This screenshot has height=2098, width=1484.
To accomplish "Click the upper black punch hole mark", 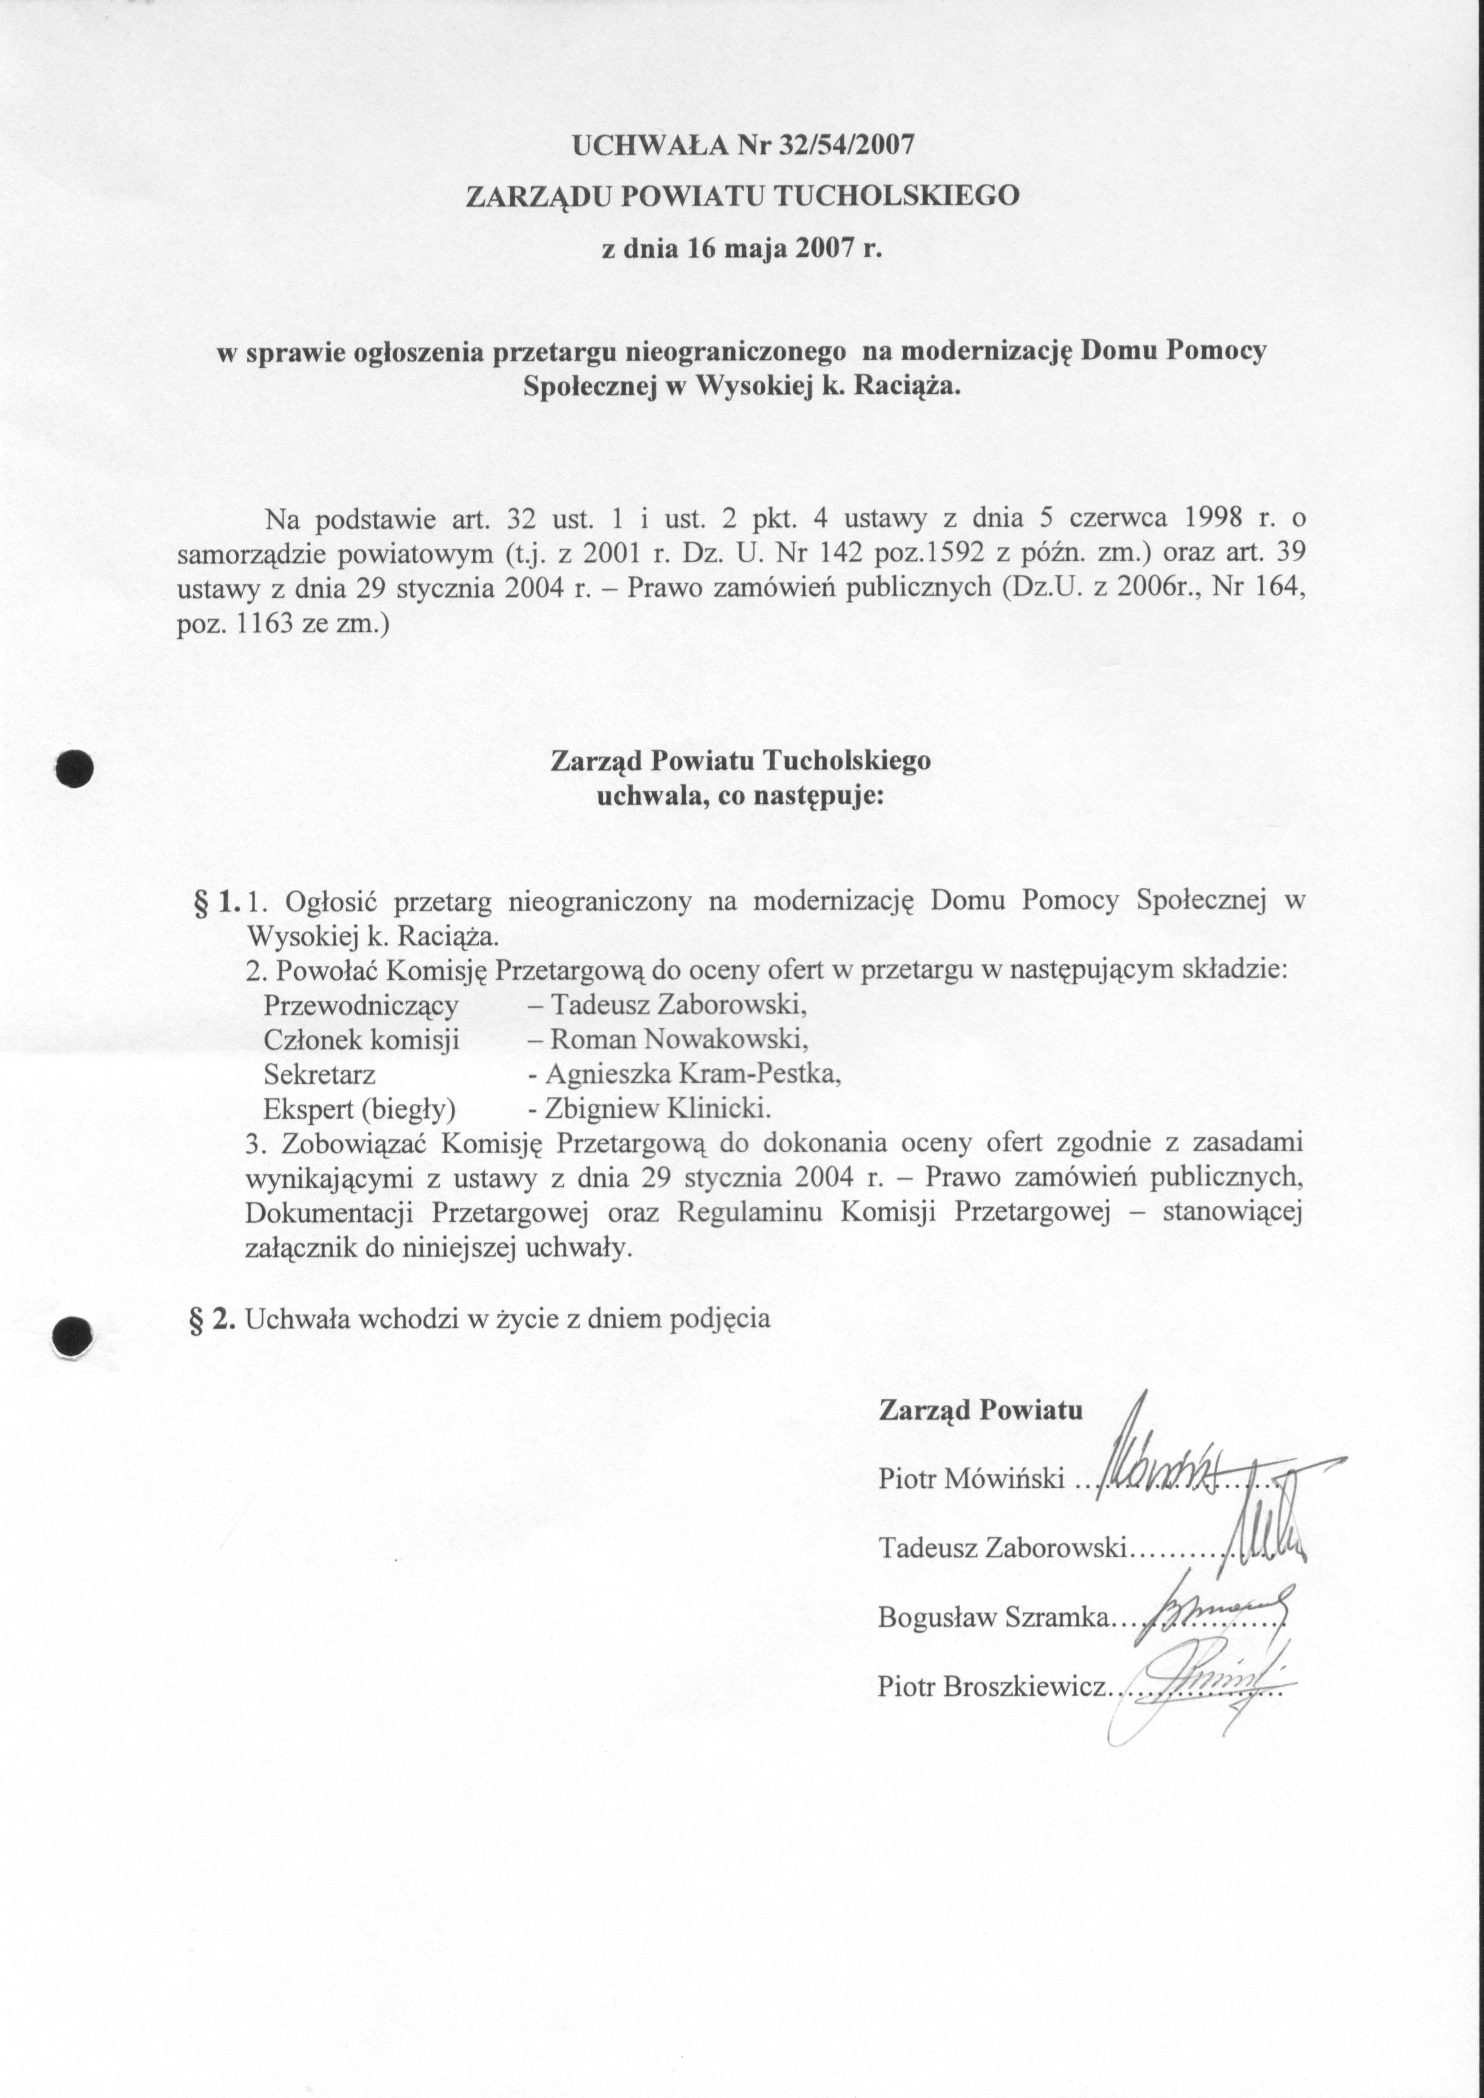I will pos(74,767).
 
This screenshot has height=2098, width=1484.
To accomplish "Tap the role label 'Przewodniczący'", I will pos(360,1005).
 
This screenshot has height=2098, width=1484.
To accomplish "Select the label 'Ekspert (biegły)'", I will pos(359,1108).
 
